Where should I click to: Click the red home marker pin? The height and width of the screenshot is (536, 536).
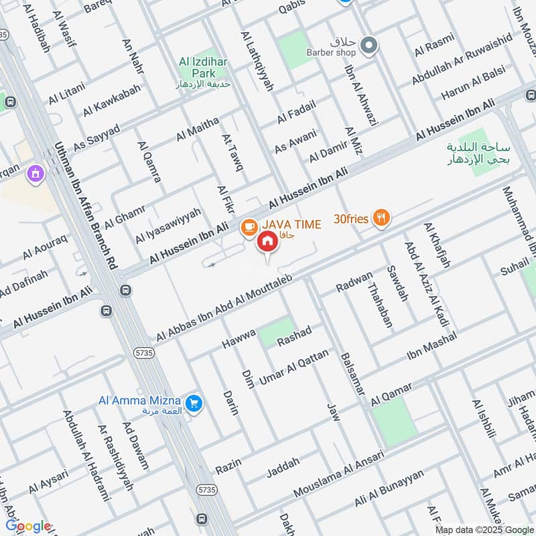click(x=267, y=241)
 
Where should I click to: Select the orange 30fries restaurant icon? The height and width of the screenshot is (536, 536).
click(x=382, y=217)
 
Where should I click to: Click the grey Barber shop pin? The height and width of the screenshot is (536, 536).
click(x=368, y=46)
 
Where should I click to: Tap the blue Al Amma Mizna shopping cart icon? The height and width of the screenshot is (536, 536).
click(x=194, y=403)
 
